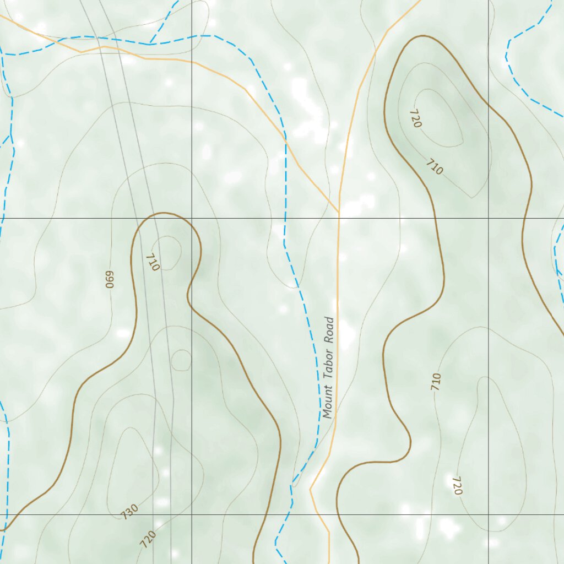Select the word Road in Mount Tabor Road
(329, 330)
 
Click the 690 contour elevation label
(109, 279)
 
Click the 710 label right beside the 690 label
(153, 262)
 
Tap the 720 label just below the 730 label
(148, 539)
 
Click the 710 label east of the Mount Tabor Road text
(436, 381)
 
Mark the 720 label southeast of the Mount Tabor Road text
(457, 485)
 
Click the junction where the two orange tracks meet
(339, 211)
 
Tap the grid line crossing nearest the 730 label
(192, 514)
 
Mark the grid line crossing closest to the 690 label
(192, 218)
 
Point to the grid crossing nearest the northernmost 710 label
(488, 218)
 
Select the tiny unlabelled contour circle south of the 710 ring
(181, 360)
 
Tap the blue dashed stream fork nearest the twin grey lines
(150, 44)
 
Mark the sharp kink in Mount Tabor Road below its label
(311, 488)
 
